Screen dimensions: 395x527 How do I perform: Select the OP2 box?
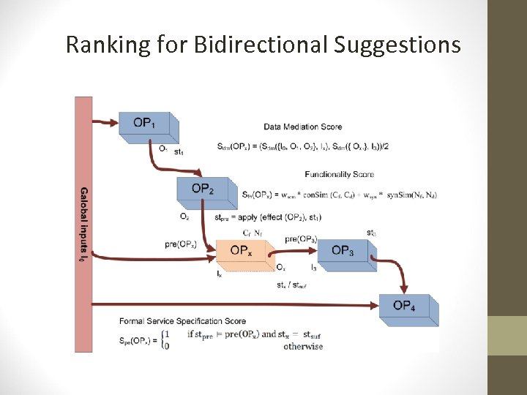203,191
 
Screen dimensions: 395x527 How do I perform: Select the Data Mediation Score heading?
303,127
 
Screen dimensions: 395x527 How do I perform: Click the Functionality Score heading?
339,174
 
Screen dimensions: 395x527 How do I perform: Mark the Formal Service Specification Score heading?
182,320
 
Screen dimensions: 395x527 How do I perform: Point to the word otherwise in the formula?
302,347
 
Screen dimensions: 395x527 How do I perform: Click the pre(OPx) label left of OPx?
181,244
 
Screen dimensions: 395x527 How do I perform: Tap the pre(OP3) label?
301,239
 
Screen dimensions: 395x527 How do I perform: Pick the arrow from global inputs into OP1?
106,122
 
